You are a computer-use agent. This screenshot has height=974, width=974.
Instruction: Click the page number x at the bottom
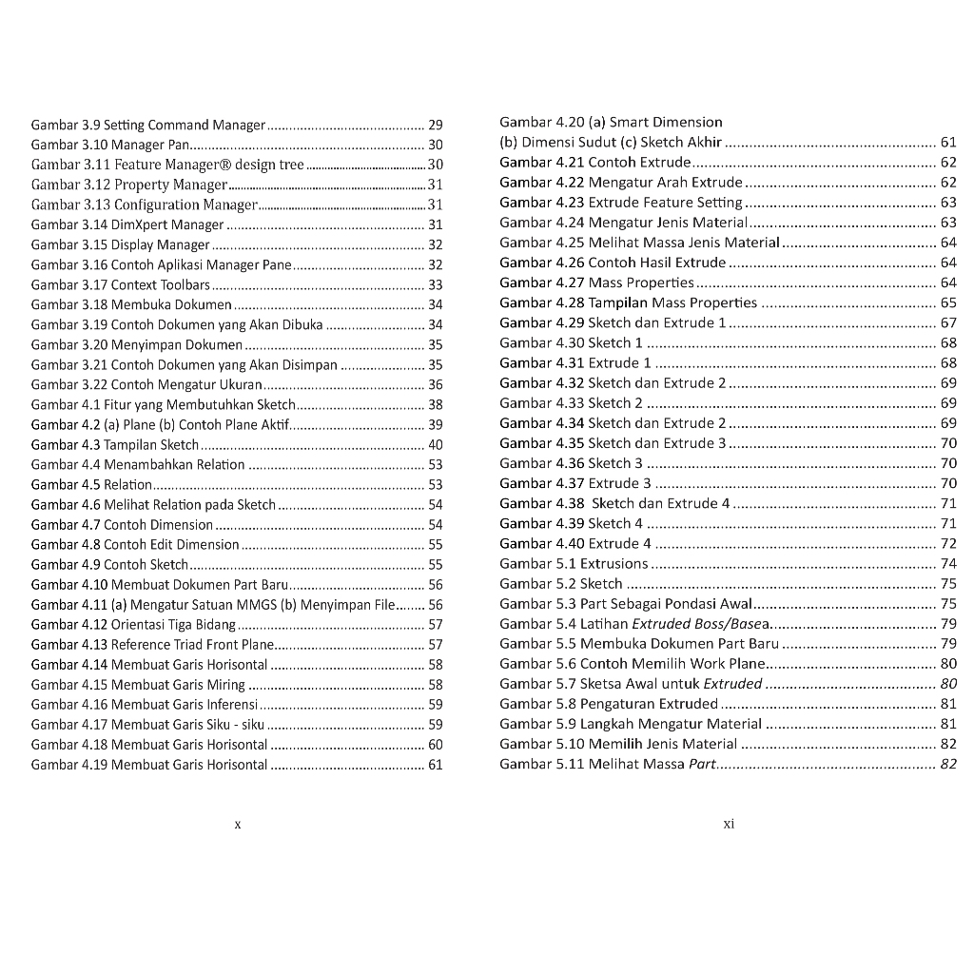(238, 825)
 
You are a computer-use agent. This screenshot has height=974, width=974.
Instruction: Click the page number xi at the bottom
(729, 824)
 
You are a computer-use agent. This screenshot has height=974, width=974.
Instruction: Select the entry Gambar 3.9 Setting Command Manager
(148, 125)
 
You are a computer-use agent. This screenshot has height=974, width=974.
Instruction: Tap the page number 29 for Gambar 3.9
(436, 125)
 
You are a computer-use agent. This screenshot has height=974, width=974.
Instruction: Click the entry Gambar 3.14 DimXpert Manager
(127, 224)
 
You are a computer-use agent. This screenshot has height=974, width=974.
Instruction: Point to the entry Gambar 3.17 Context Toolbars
(121, 284)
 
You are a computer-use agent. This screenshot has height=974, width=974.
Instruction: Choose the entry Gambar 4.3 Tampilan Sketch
(115, 444)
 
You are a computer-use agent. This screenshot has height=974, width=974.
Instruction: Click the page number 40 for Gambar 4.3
(436, 444)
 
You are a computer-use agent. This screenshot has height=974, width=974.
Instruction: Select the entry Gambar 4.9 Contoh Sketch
(109, 564)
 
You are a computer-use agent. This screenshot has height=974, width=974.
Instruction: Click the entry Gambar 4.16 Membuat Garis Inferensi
(145, 704)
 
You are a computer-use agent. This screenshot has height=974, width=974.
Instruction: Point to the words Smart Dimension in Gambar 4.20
(666, 122)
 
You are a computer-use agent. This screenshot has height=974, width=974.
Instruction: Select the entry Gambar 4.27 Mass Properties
(597, 282)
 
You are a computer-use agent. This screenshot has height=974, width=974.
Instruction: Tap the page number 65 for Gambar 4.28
(948, 302)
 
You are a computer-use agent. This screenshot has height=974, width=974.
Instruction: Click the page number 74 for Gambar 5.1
(948, 563)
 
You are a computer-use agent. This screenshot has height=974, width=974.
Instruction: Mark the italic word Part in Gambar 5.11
(701, 763)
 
